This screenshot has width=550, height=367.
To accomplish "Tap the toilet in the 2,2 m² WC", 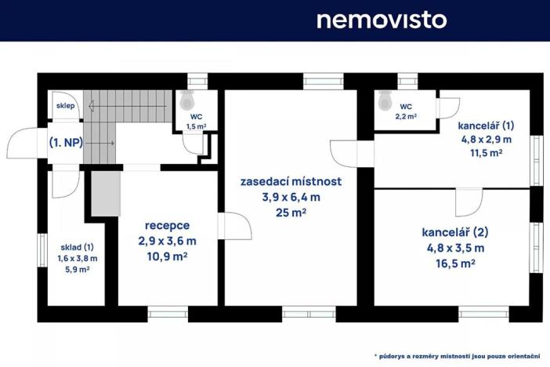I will click(x=385, y=100).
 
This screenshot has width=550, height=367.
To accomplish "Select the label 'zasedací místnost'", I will click(x=291, y=182).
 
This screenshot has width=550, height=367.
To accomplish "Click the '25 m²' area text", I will click(x=291, y=212).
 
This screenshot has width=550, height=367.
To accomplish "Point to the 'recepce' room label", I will click(x=167, y=225).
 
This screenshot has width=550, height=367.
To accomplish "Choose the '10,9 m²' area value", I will click(x=167, y=256).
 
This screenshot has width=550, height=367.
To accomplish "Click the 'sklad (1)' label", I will click(x=76, y=246).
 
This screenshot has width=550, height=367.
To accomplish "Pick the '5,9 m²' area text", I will click(x=76, y=268).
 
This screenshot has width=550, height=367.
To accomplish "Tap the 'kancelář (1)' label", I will click(x=487, y=125).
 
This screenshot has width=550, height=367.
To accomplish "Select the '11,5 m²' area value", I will click(x=487, y=154).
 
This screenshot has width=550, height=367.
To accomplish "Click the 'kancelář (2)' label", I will click(x=454, y=232).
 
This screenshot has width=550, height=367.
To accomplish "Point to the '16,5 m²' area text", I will click(x=454, y=264).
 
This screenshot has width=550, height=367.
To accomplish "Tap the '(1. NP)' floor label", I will click(x=67, y=143).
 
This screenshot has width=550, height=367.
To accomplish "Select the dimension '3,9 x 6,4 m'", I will click(x=291, y=197).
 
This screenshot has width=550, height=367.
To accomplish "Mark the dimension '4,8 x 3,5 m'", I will click(x=454, y=248).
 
